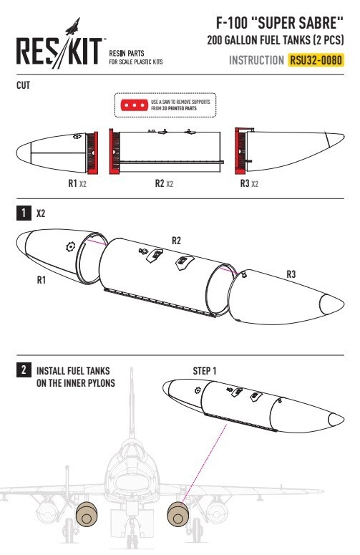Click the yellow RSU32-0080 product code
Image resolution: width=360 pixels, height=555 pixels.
(x=316, y=60)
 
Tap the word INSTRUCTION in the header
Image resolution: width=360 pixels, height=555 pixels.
(x=256, y=60)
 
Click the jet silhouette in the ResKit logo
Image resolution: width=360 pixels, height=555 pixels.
(x=72, y=27)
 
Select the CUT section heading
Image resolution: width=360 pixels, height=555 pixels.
(x=24, y=85)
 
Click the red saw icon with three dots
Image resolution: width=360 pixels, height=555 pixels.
(x=135, y=105)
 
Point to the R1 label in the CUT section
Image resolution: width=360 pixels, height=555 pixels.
(x=72, y=183)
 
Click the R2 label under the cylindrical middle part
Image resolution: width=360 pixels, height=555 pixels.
(x=160, y=183)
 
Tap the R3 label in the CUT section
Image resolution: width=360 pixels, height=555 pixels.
(x=245, y=183)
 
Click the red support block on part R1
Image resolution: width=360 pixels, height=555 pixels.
(x=92, y=153)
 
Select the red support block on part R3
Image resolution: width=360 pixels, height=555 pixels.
(x=240, y=151)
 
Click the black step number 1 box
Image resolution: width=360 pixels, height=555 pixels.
(x=24, y=213)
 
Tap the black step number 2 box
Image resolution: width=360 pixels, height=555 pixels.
(x=24, y=370)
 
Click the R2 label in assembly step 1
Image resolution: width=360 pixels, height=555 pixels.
(x=176, y=241)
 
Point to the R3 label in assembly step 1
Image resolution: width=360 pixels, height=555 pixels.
(x=291, y=274)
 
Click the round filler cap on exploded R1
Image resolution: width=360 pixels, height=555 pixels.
(x=71, y=246)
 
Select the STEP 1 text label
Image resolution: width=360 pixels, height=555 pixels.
(x=205, y=371)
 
